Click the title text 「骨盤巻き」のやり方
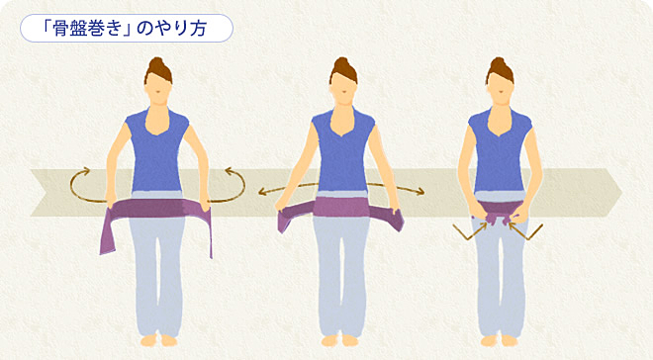point(126,29)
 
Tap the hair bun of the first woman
point(156,63)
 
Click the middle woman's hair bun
point(341,63)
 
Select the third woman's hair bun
point(498,63)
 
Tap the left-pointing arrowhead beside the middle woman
point(262,192)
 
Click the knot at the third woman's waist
point(499,219)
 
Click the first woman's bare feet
point(158,340)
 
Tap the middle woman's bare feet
point(339,340)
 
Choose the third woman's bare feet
point(499,340)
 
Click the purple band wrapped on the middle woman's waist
point(341,207)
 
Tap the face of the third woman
point(500,88)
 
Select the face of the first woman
point(158,88)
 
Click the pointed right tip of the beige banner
point(621,192)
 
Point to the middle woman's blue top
point(342,149)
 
